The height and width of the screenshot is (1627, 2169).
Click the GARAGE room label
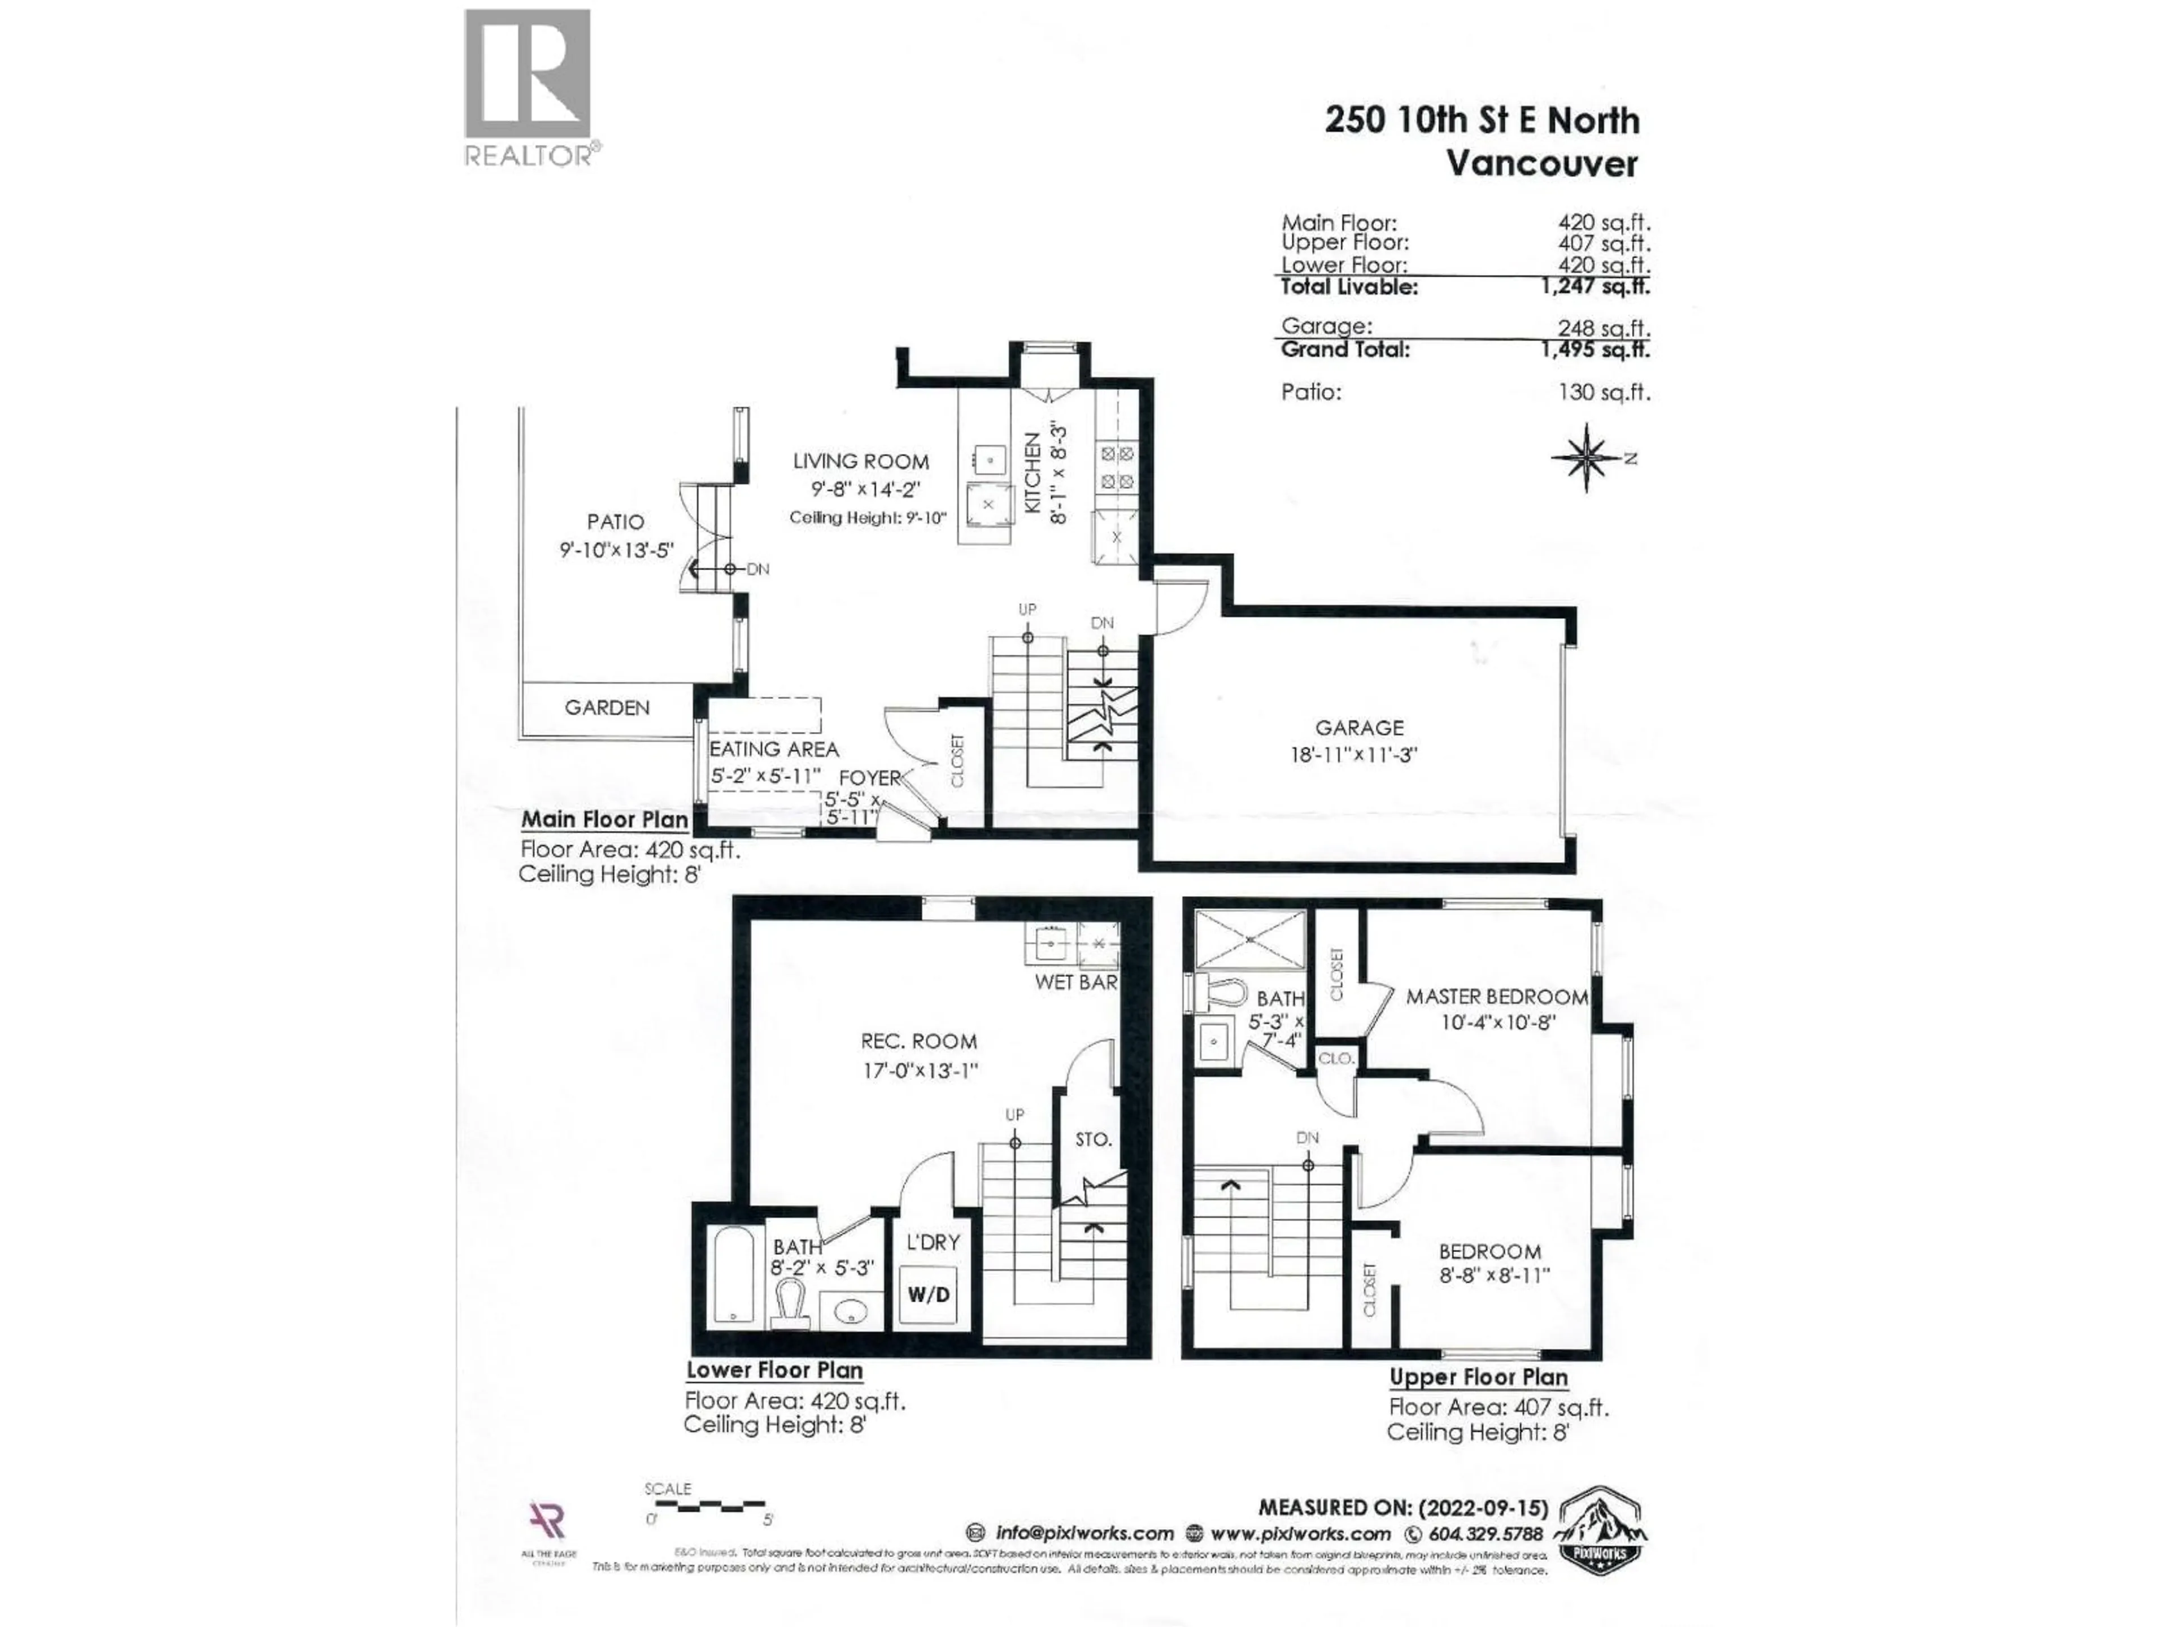click(1359, 728)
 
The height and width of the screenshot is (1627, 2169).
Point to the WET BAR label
click(1075, 982)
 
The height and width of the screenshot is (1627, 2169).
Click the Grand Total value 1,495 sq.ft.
click(1595, 350)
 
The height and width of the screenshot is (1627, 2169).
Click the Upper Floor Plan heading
click(1478, 1377)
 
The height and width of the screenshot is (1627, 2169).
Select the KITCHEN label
click(1033, 473)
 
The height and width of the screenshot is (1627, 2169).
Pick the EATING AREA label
click(774, 749)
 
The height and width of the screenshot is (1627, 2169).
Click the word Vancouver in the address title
click(1541, 163)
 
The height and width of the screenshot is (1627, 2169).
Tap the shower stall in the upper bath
click(1250, 938)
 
